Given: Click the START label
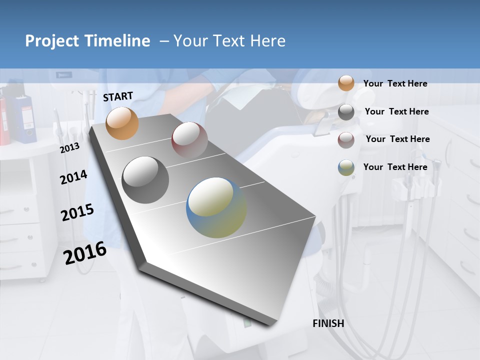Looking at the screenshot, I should [118, 96].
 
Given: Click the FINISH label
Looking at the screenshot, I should [328, 323].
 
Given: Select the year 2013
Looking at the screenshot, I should [69, 148].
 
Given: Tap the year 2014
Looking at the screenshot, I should [73, 177].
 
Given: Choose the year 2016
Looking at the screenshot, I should [85, 253].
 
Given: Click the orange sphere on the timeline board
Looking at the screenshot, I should [122, 123].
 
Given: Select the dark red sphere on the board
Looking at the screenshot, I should [189, 140].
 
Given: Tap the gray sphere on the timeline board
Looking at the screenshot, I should [145, 180].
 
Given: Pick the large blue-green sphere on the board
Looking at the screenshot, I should [216, 207].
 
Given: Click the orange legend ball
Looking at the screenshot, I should [346, 83].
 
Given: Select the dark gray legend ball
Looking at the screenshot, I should [346, 112].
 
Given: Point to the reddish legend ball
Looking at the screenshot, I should [346, 139].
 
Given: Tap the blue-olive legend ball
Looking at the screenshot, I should [346, 167].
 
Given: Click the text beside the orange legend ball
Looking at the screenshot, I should [395, 83].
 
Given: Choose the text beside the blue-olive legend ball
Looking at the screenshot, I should [395, 167].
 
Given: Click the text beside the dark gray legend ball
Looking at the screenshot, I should [396, 111].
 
